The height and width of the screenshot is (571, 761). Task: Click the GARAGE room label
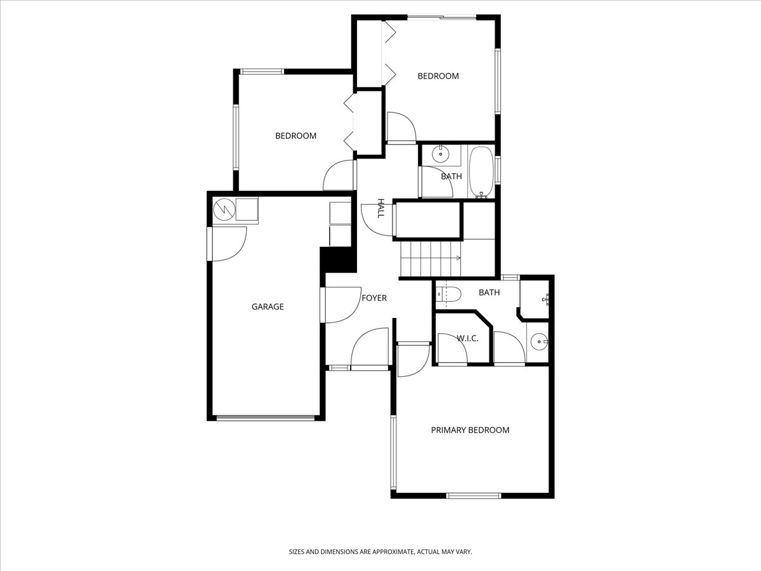[268, 306]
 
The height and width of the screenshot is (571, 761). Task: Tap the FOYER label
[374, 298]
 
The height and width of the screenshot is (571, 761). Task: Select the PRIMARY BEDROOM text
[470, 430]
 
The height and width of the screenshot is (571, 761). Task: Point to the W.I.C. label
[467, 338]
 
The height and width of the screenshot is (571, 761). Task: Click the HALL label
[380, 208]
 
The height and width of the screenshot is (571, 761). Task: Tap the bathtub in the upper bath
[481, 172]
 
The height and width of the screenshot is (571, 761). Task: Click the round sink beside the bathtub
[441, 154]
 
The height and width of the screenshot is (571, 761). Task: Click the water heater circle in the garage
[224, 209]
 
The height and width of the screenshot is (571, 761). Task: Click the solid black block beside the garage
[338, 259]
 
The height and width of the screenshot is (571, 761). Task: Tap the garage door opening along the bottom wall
[265, 417]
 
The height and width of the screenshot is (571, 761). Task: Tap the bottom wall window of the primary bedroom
[474, 496]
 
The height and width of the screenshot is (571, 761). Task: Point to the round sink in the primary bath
[540, 342]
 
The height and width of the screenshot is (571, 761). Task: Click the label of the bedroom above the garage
[296, 136]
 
